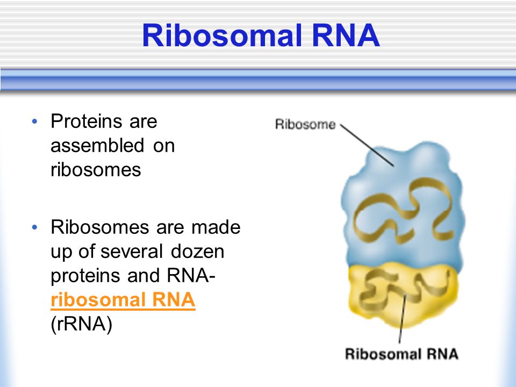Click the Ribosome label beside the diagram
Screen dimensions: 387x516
305,125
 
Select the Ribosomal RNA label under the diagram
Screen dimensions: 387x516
401,354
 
